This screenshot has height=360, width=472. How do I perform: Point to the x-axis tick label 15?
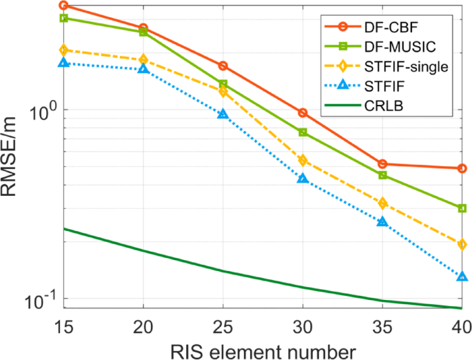[x=64, y=326]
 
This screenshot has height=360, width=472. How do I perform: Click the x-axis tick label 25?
[x=223, y=326]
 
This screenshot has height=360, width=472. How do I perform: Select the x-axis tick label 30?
[x=302, y=326]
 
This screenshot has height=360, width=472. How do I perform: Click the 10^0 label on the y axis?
[x=43, y=110]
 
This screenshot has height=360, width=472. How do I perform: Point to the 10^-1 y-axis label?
[x=43, y=300]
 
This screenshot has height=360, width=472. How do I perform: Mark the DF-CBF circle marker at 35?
[x=382, y=164]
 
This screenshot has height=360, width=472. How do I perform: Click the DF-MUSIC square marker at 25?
[x=223, y=84]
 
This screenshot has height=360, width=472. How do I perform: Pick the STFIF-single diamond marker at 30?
[x=302, y=160]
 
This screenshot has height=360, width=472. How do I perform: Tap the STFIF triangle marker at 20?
[x=143, y=69]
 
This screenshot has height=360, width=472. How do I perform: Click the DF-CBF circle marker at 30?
[x=302, y=112]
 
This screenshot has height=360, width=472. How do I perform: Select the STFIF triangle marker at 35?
[x=382, y=221]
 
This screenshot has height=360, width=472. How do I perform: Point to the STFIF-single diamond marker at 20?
[x=143, y=60]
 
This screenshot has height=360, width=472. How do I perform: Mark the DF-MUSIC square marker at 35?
[x=382, y=175]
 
